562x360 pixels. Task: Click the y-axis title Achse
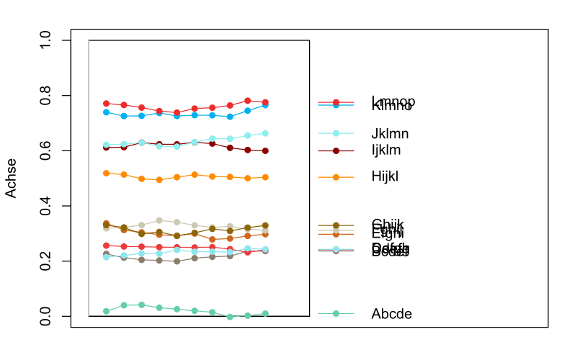[x=12, y=179]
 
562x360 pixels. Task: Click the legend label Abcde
[x=391, y=314]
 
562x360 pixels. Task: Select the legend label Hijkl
[x=385, y=176]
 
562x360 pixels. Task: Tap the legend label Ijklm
[x=386, y=150]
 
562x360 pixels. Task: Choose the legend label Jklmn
[x=390, y=133]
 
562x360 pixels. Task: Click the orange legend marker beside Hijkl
[x=336, y=176]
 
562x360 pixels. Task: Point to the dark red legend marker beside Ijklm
[x=336, y=150]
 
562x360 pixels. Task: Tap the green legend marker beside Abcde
[x=336, y=314]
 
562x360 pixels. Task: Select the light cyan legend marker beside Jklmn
[x=336, y=133]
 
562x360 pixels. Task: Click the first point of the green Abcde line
[x=106, y=311]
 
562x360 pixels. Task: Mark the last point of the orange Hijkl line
[x=265, y=177]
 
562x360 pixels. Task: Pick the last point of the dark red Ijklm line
[x=265, y=151]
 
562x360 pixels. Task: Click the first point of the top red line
[x=106, y=104]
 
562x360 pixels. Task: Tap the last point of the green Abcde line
[x=265, y=313]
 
